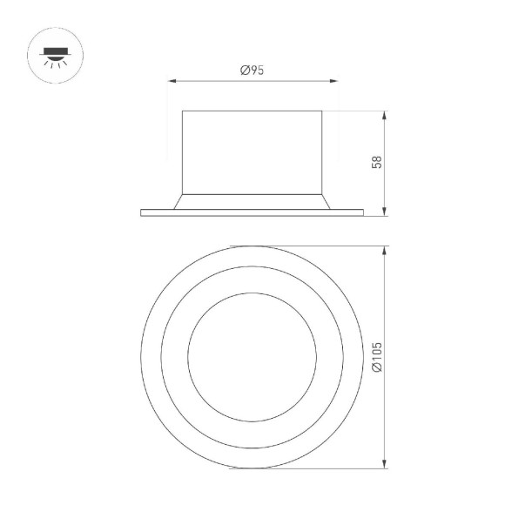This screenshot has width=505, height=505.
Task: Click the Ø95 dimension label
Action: click(x=252, y=71)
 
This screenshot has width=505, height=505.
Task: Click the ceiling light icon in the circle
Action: click(x=50, y=54)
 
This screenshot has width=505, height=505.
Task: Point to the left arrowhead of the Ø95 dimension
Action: click(x=172, y=82)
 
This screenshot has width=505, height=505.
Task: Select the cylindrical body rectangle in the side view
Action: click(x=252, y=150)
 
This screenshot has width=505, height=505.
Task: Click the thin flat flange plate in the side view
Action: click(x=252, y=212)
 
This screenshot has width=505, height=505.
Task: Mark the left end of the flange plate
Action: click(x=142, y=212)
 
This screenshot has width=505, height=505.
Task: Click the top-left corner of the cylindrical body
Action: click(x=182, y=111)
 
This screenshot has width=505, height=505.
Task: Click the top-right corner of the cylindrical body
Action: click(x=323, y=111)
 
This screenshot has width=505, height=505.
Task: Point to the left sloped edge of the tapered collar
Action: click(x=178, y=200)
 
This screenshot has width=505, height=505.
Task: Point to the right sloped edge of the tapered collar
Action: click(x=327, y=200)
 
